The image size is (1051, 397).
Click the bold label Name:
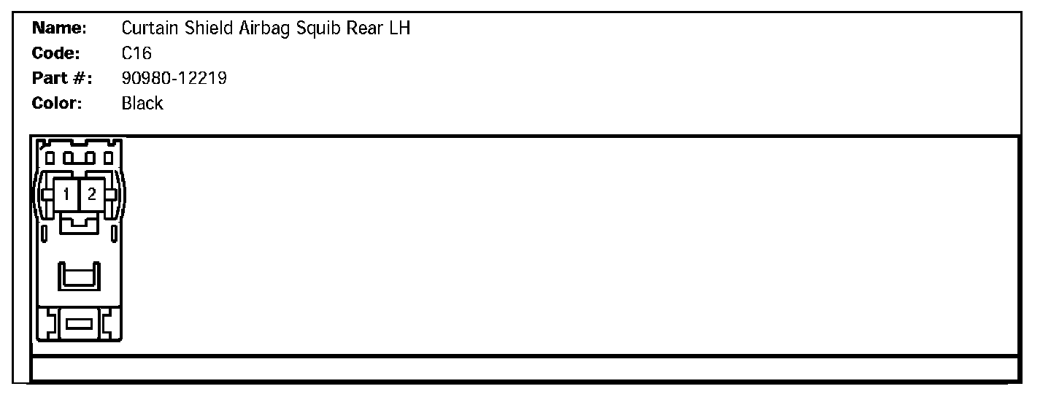pyautogui.click(x=60, y=28)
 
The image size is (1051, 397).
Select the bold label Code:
pyautogui.click(x=56, y=53)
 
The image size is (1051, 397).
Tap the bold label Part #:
pyautogui.click(x=61, y=78)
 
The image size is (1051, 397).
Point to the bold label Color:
pyautogui.click(x=58, y=103)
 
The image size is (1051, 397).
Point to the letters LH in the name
pyautogui.click(x=401, y=28)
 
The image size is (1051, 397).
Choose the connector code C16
pyautogui.click(x=136, y=53)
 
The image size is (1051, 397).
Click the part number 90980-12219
pyautogui.click(x=174, y=78)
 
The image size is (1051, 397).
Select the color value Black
pyautogui.click(x=142, y=103)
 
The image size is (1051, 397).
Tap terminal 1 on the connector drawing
pyautogui.click(x=66, y=194)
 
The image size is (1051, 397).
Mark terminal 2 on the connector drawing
pyautogui.click(x=92, y=194)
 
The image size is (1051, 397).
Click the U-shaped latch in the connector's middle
pyautogui.click(x=79, y=277)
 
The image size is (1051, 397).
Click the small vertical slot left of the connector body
pyautogui.click(x=44, y=235)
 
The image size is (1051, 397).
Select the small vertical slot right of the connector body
pyautogui.click(x=115, y=235)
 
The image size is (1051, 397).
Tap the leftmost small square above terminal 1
pyautogui.click(x=50, y=157)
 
